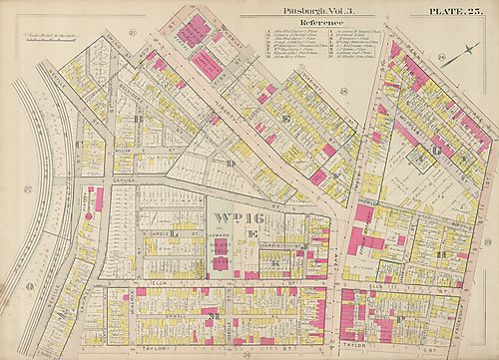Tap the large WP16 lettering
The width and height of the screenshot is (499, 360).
click(x=238, y=213)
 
